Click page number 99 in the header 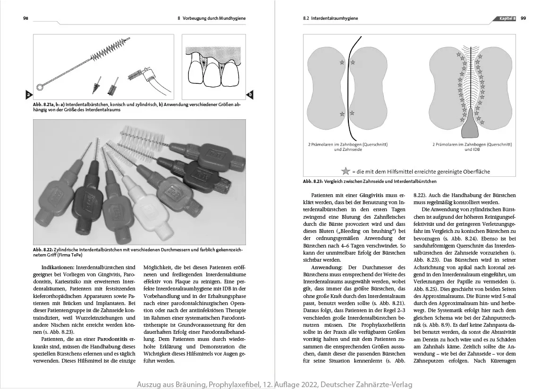(x=524, y=18)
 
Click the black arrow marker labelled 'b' (x=250, y=94)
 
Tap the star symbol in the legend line (x=346, y=171)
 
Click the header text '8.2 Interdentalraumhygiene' (x=330, y=18)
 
